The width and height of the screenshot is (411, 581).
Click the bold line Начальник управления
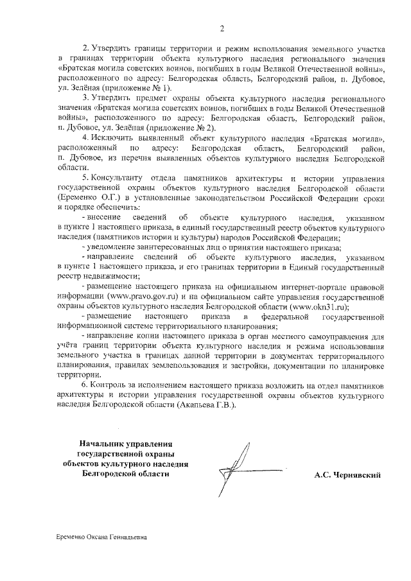pos(126,444)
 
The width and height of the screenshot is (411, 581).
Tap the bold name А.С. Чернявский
pos(347,475)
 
